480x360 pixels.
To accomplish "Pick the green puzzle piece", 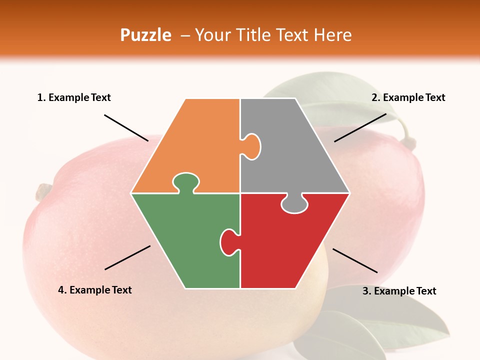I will pos(185,240).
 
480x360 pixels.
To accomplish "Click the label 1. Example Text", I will pos(74,98).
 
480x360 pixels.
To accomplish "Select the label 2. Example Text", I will pos(408,98).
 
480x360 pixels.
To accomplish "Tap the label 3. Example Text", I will pos(399,291).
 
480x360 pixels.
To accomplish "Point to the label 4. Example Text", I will pos(95,290).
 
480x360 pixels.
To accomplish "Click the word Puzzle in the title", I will pos(145,35).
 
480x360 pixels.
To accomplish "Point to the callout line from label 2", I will pos(360,127).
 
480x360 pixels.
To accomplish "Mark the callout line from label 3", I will pos(355,260).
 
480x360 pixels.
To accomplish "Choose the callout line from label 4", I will pos(127,257).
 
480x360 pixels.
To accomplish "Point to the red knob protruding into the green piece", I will pos(228,241).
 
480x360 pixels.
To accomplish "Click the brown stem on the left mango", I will pos(43,191).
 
